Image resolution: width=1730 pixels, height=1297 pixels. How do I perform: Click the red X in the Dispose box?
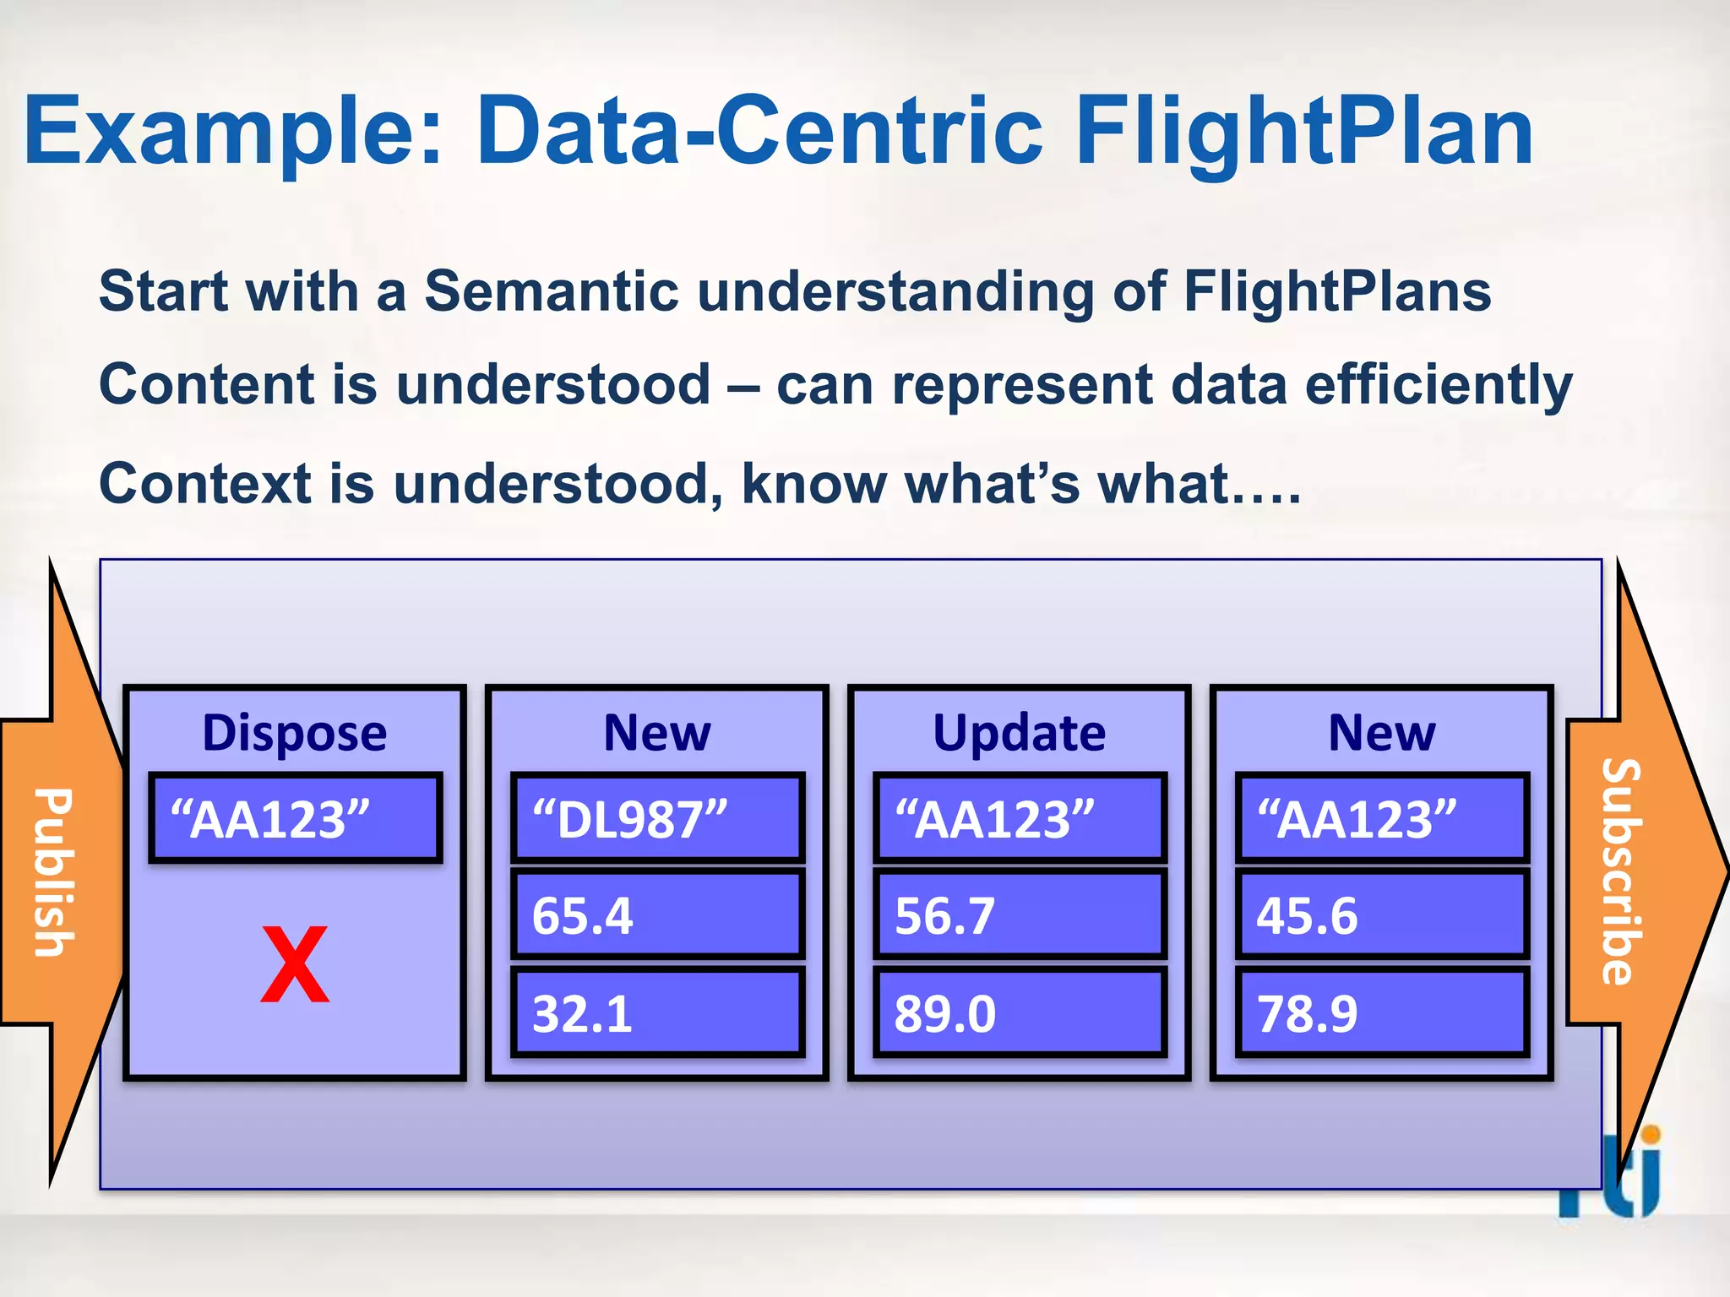(x=294, y=963)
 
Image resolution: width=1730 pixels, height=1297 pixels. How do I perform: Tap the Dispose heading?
(x=294, y=732)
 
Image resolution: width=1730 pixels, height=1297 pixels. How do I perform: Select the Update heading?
(x=1019, y=732)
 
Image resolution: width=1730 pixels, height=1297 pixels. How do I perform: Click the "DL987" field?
(x=657, y=818)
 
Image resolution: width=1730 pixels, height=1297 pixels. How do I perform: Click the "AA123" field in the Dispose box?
(x=295, y=818)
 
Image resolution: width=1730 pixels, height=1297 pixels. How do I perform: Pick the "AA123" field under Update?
(x=1020, y=818)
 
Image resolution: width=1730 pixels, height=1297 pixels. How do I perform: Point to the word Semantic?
(x=551, y=291)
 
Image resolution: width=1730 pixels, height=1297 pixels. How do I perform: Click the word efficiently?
(x=1438, y=386)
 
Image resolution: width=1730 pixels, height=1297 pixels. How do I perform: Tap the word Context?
(x=204, y=484)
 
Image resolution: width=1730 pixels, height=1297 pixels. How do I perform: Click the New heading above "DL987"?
(x=657, y=732)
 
